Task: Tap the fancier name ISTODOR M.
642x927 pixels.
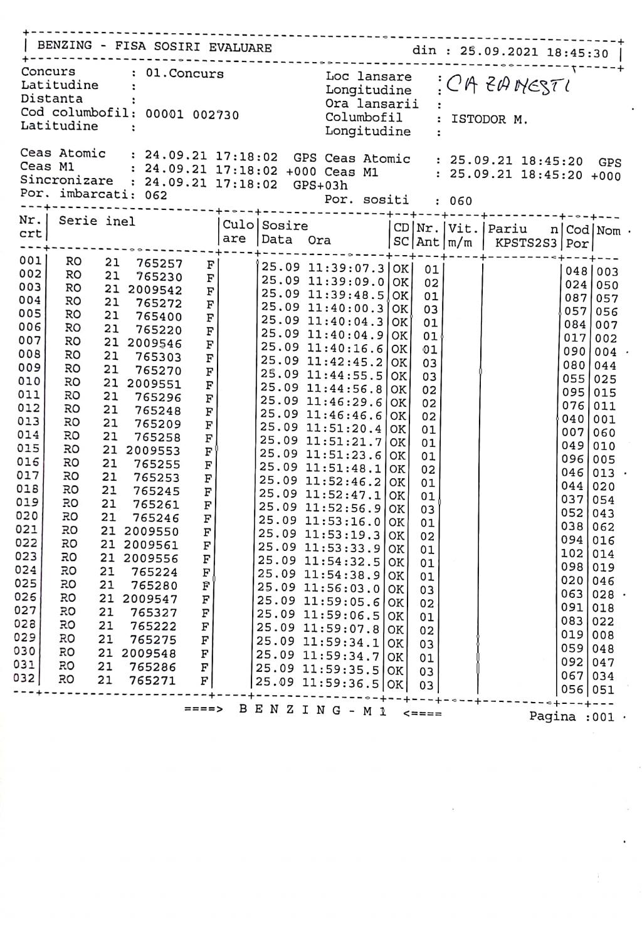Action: tap(489, 119)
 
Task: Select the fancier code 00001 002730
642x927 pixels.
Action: tap(192, 115)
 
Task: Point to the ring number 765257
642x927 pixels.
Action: tap(159, 264)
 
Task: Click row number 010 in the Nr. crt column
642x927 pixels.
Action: tap(29, 382)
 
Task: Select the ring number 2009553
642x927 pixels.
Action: tap(153, 451)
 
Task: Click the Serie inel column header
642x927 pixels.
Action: tap(97, 221)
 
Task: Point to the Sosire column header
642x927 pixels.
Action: tap(285, 226)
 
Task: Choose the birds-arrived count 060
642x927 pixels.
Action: tap(461, 202)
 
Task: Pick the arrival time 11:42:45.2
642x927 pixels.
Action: tap(344, 362)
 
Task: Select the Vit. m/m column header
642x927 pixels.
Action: tap(464, 235)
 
